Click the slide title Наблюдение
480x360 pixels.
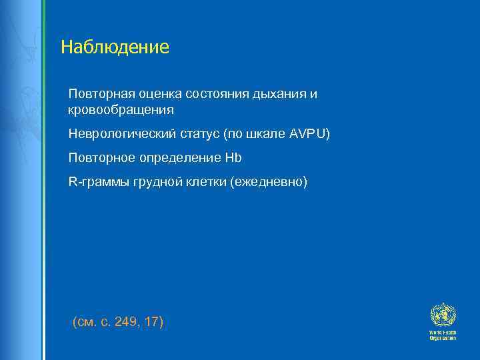click(x=115, y=47)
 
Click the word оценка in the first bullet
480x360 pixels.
click(x=153, y=94)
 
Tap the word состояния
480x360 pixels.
click(x=217, y=94)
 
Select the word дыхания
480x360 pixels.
click(x=279, y=95)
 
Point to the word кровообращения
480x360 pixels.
click(x=121, y=109)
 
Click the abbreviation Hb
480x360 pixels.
click(x=234, y=157)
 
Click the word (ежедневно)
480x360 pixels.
click(x=269, y=181)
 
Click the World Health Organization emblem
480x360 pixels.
click(x=441, y=314)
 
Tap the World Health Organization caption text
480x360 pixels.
click(x=442, y=335)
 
